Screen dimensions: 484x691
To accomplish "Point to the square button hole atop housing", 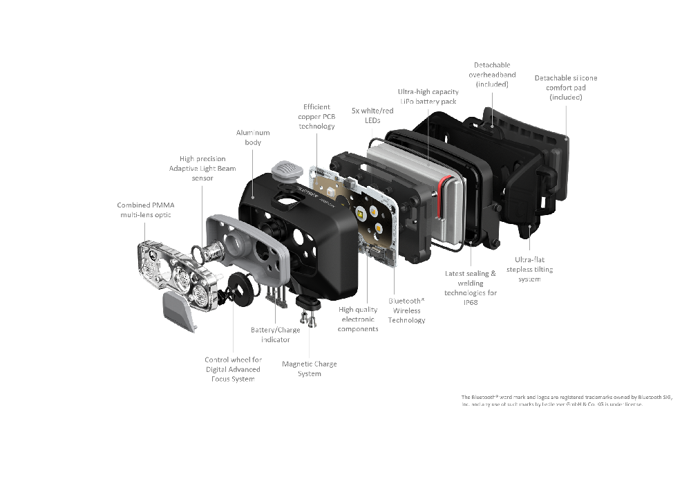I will tap(284, 200).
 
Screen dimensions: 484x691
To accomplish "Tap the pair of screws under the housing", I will tap(307, 319).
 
